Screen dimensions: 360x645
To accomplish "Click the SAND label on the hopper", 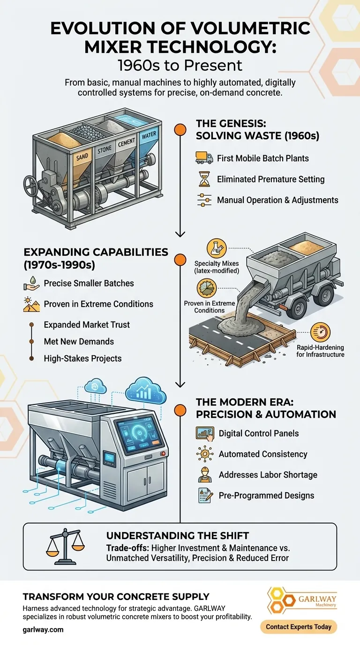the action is pos(82,157).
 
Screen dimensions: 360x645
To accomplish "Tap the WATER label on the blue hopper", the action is pos(149,135).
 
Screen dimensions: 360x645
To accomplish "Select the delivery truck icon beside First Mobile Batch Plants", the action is pos(204,158).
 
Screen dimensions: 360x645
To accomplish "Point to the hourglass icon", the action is pos(204,179).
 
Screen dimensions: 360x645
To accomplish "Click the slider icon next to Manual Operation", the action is pos(204,200).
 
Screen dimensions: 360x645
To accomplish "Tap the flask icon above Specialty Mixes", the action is pos(217,248).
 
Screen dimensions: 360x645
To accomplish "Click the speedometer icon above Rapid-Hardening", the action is pos(320,332).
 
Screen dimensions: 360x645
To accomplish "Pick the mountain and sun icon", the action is pos(31,304).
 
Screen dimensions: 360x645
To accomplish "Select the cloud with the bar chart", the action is pos(146,391).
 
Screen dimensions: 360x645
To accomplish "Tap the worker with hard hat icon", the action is pos(205,474).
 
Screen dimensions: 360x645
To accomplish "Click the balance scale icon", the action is pos(65,547).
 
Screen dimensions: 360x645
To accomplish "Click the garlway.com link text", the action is pos(43,630).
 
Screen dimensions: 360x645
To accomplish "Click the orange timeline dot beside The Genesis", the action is pos(180,129).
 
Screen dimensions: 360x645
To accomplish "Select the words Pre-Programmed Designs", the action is pos(266,495).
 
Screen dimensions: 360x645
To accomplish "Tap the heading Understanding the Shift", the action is pos(177,536).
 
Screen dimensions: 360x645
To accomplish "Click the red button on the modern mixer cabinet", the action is pos(163,454).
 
